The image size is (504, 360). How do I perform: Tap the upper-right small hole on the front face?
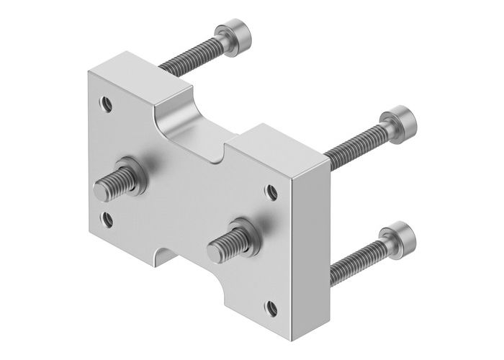(x=271, y=192)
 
